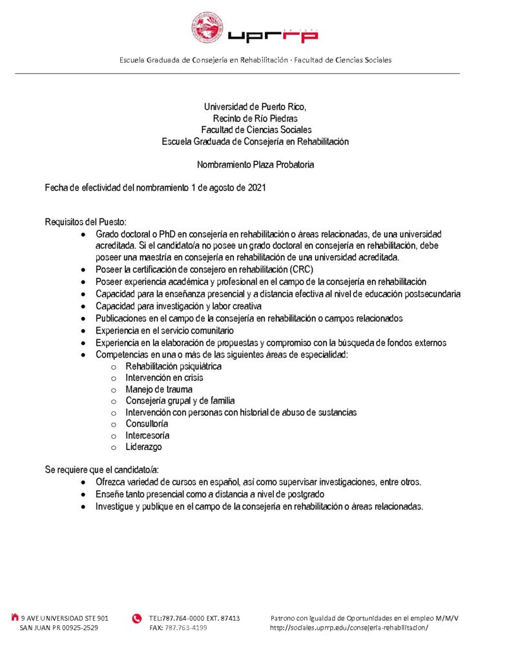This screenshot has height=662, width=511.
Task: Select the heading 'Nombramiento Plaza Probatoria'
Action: click(255, 165)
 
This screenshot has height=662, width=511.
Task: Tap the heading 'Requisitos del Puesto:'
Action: click(85, 222)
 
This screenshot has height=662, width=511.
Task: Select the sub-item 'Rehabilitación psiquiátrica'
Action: click(173, 367)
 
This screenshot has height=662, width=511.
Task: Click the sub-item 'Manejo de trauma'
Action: click(159, 390)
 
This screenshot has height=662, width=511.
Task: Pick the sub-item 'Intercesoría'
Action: click(147, 436)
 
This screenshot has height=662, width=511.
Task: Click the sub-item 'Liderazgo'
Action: click(143, 447)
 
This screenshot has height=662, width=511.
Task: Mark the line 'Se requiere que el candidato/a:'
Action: click(101, 469)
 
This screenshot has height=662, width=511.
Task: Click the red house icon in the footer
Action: click(15, 617)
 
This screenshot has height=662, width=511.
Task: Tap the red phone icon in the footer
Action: click(136, 619)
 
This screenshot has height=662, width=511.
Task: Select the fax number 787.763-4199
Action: click(185, 628)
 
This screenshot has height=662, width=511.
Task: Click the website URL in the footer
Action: click(349, 628)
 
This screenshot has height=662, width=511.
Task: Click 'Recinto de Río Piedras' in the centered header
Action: click(255, 118)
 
